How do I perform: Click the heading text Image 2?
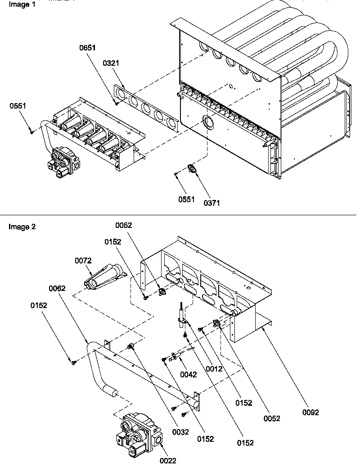(22, 227)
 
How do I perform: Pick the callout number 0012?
(214, 369)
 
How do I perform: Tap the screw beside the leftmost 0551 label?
(31, 131)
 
